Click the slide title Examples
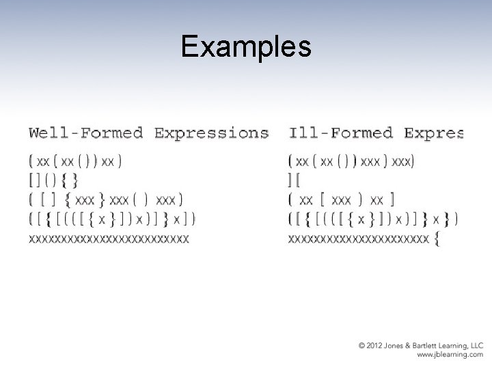246,46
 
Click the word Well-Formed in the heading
85,132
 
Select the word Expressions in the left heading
211,132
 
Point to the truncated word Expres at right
434,132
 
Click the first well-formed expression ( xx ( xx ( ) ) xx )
76,162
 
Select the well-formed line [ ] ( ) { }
53,180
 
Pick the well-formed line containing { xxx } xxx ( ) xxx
106,200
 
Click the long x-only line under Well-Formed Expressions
109,238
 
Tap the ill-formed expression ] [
295,180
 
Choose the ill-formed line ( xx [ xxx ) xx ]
342,200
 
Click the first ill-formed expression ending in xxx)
351,162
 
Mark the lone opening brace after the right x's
437,239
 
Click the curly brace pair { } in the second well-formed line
70,180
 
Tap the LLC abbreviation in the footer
476,346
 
